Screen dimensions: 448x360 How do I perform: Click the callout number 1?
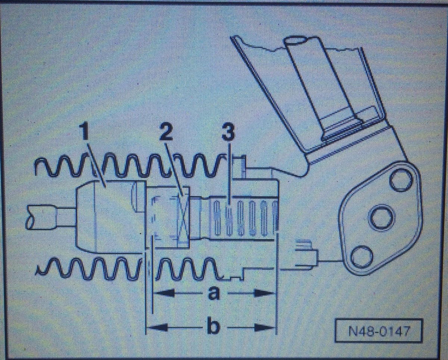[84, 132]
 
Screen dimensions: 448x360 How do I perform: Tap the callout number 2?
[166, 133]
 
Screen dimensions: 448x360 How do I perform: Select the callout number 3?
[228, 133]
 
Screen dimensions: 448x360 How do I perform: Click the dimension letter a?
[214, 293]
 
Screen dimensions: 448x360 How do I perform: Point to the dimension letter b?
[214, 327]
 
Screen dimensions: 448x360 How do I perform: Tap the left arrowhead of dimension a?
[165, 293]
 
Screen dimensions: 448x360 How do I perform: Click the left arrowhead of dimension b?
[157, 328]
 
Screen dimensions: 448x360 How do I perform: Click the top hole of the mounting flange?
[401, 180]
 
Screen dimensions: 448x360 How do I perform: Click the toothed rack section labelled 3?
[243, 218]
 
